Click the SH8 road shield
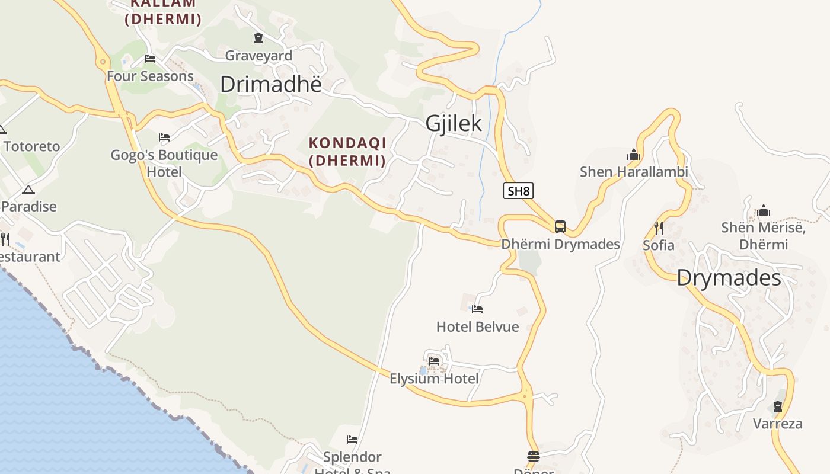(x=518, y=191)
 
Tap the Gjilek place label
(x=454, y=123)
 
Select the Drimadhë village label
(x=270, y=84)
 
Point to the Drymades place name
(x=729, y=277)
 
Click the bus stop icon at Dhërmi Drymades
(x=560, y=227)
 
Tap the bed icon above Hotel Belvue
(x=477, y=309)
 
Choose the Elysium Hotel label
(x=434, y=378)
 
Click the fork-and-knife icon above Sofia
(x=658, y=228)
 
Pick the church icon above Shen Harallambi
(x=634, y=155)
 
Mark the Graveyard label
(x=258, y=56)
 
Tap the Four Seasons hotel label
(x=150, y=76)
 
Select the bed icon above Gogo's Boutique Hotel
(x=164, y=137)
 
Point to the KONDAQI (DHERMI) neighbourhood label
(x=347, y=152)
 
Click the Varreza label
(x=777, y=424)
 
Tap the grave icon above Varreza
(x=777, y=406)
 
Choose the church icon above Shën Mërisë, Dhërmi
(x=764, y=210)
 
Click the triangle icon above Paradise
(x=28, y=190)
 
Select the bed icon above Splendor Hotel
(x=352, y=440)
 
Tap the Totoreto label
(x=32, y=146)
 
